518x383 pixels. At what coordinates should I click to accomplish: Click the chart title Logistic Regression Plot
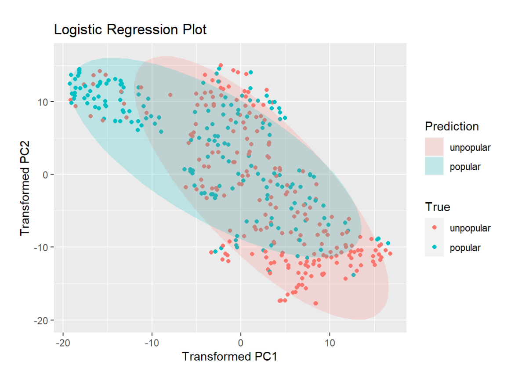coord(130,30)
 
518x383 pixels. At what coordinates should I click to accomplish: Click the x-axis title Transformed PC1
coord(229,356)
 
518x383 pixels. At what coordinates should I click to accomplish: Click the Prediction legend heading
coord(452,127)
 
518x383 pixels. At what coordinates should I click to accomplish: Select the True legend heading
coord(437,207)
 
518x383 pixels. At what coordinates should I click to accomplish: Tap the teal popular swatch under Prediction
coord(434,167)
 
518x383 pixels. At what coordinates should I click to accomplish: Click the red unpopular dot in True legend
coord(434,228)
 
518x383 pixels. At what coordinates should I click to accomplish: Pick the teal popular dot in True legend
coord(434,248)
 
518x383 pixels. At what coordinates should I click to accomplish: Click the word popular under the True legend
coord(465,248)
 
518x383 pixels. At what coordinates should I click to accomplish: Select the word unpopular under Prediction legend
coord(470,148)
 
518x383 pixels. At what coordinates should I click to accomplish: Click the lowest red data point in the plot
coord(315,303)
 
